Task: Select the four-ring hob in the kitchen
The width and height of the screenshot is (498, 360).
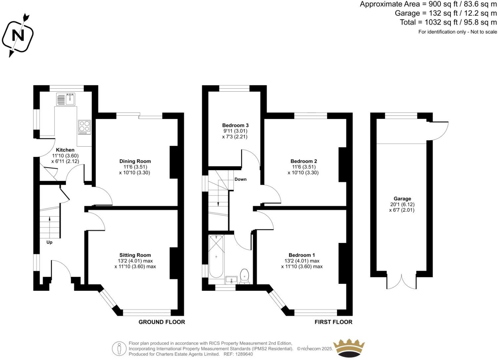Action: (84, 127)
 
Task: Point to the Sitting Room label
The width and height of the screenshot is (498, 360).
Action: (135, 255)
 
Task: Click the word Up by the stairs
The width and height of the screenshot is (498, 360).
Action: (49, 242)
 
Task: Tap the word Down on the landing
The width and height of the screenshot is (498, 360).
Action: (240, 179)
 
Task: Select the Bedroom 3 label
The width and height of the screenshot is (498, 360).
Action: (235, 125)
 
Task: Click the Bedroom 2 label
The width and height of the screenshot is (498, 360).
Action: (304, 161)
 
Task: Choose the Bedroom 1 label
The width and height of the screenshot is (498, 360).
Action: (302, 255)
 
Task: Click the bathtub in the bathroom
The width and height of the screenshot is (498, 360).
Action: (216, 257)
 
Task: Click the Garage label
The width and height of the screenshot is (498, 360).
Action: (402, 199)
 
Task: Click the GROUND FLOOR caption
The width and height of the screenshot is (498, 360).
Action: (162, 322)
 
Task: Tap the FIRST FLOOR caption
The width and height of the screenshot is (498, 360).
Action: (333, 322)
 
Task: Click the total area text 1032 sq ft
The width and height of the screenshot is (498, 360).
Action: (448, 22)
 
